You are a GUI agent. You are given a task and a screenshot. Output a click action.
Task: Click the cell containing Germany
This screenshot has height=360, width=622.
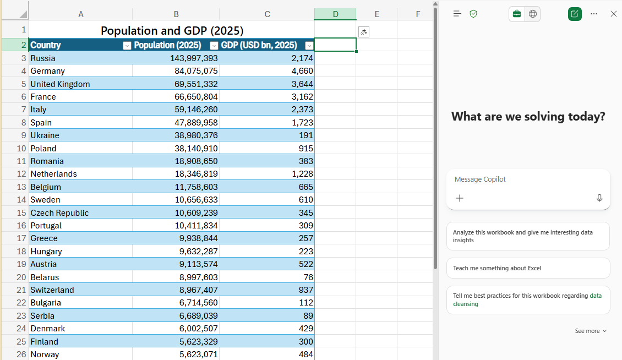[x=48, y=71]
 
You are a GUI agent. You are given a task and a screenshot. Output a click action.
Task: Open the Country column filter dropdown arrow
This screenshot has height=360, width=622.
[x=127, y=46]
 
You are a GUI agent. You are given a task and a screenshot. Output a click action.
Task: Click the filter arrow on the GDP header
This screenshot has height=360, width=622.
[x=309, y=46]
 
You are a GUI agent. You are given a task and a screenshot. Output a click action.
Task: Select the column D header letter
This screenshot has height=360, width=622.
[x=335, y=14]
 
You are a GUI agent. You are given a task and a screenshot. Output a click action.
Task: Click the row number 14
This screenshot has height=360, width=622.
[x=21, y=200]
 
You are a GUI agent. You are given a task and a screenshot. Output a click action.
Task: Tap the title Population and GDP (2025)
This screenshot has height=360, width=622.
[x=172, y=31]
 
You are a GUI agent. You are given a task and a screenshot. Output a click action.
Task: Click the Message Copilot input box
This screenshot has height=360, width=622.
[x=527, y=179]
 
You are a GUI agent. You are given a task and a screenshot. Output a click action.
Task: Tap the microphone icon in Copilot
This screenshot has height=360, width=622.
[x=599, y=198]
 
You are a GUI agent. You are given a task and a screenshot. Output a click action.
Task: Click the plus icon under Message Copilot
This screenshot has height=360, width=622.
[x=460, y=198]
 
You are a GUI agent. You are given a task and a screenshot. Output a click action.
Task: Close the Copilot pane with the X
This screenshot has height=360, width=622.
[x=614, y=14]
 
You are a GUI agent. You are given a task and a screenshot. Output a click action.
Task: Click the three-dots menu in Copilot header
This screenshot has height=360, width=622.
[x=594, y=14]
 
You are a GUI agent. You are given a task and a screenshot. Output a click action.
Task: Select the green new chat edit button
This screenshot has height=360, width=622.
[x=575, y=14]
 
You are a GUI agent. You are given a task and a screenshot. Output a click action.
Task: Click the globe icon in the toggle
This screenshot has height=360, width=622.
[x=533, y=14]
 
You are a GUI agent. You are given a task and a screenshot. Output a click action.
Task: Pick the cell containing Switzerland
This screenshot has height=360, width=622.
[x=52, y=290]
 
